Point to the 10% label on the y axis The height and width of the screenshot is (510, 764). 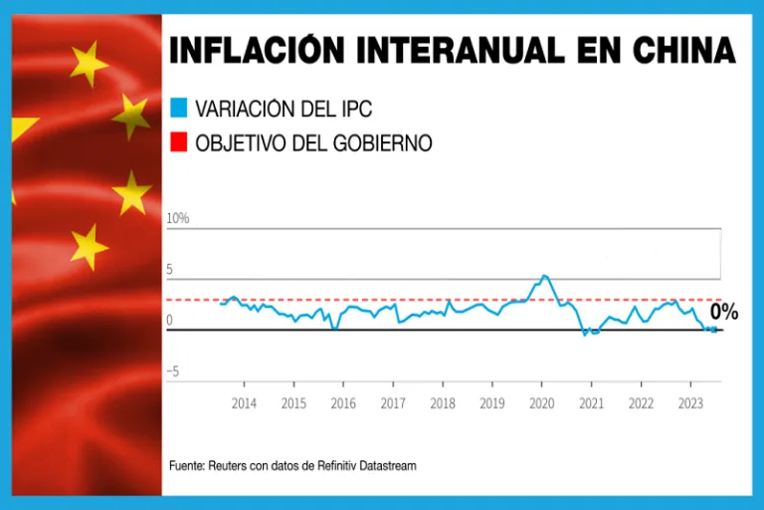(177, 218)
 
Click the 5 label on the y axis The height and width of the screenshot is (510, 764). (169, 269)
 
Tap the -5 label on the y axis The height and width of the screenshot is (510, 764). (172, 372)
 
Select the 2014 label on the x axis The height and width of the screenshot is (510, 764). (244, 403)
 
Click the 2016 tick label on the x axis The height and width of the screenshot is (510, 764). (343, 403)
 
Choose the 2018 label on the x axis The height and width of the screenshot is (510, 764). (443, 403)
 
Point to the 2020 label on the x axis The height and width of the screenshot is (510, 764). (541, 403)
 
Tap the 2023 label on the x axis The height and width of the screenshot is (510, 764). (690, 403)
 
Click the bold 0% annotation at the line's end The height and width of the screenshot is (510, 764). (723, 313)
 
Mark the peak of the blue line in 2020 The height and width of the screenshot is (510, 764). (543, 275)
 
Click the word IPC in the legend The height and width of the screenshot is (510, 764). (352, 108)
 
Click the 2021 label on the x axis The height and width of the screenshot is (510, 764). (591, 403)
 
